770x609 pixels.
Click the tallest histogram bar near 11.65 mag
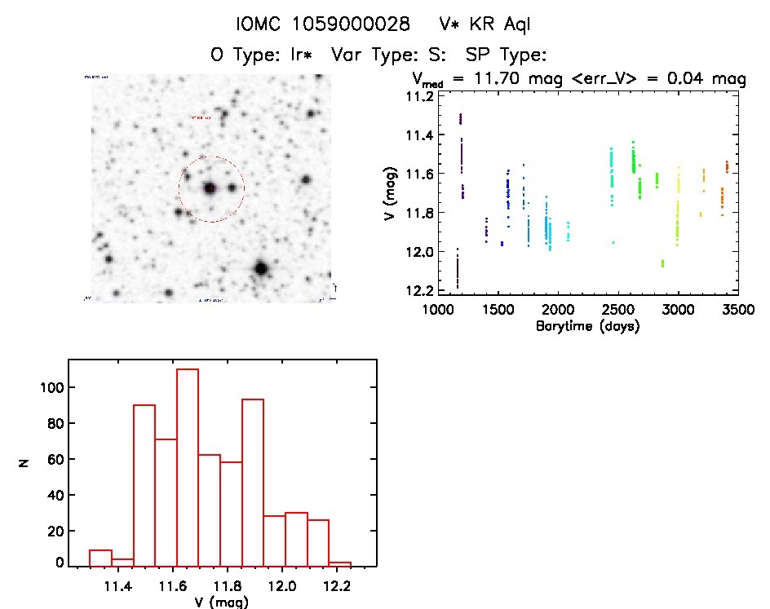188,467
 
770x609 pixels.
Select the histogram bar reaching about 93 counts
253,482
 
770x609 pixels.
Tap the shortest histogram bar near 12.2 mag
340,563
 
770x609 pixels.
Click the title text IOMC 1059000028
322,25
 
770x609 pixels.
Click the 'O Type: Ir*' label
262,55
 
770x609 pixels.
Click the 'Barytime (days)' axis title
587,327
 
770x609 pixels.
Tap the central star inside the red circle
210,188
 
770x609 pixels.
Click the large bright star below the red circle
261,267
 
